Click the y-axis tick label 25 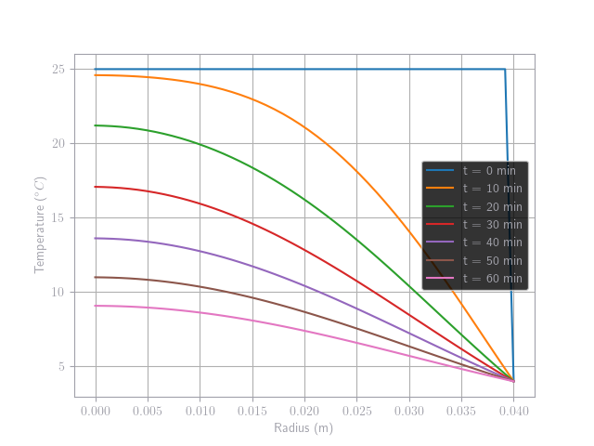pos(58,70)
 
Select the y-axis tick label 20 pos(58,144)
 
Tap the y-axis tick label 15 pos(58,218)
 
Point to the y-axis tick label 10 pos(58,293)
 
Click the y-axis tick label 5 pos(60,367)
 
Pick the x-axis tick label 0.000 pos(96,410)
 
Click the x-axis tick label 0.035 pos(461,410)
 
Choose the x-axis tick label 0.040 pos(513,410)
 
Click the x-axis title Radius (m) pos(303,427)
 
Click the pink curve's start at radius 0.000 pos(96,306)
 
